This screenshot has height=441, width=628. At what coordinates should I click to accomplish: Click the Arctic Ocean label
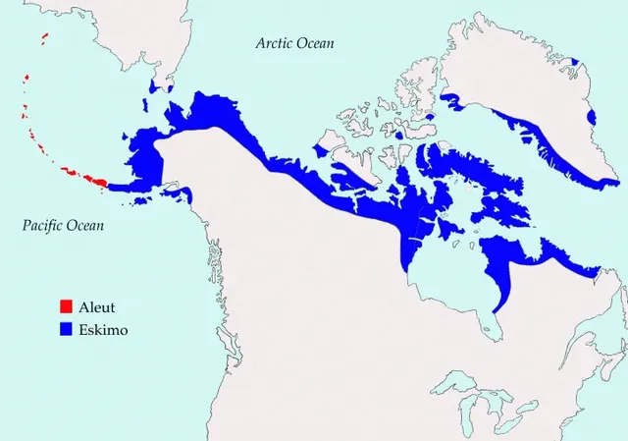pos(294,43)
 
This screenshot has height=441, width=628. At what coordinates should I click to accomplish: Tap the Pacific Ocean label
pos(63,226)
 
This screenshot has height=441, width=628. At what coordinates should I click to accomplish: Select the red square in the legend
pos(66,306)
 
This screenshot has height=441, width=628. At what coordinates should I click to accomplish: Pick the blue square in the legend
pos(66,330)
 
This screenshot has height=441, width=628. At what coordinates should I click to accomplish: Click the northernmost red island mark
pos(45,38)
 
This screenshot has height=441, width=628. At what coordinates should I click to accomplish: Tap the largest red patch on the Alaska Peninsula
pos(97,180)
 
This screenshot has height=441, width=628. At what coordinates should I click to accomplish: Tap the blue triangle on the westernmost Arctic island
pos(324,150)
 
